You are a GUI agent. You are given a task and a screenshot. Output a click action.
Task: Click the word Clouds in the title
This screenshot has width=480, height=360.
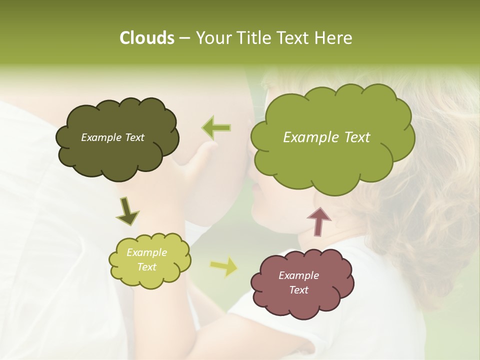(x=146, y=38)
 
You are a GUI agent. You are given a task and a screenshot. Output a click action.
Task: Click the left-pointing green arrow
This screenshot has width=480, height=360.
(x=216, y=128)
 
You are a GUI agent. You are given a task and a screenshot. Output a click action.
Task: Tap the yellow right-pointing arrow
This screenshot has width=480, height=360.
(x=223, y=267)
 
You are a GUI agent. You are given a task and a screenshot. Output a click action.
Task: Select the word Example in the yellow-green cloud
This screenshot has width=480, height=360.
(x=146, y=252)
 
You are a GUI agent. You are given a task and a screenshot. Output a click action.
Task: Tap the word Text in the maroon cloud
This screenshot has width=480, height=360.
(x=298, y=290)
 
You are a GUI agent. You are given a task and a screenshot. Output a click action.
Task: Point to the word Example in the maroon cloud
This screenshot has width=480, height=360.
(x=298, y=275)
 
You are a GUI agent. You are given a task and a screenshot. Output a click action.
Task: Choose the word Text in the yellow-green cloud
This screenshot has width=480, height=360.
(x=146, y=267)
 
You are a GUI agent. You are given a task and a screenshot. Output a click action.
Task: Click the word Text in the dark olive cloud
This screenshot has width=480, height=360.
(x=134, y=137)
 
